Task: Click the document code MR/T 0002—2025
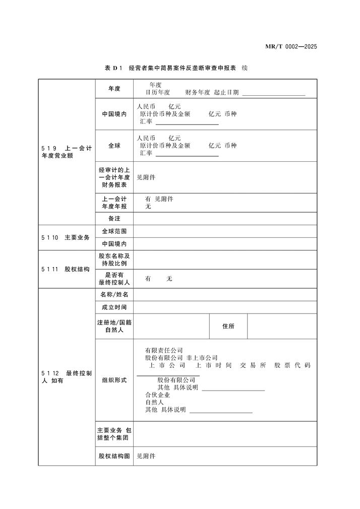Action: (291, 47)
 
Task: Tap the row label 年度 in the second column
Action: (114, 89)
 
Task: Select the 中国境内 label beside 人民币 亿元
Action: (114, 114)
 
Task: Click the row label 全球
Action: (114, 146)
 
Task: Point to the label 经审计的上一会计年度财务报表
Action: (114, 177)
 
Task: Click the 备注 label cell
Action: (114, 219)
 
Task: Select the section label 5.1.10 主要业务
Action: (66, 237)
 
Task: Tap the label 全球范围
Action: (114, 231)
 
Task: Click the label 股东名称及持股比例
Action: (114, 260)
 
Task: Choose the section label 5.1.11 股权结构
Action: (66, 269)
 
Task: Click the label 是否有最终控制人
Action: (114, 278)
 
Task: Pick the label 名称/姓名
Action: (114, 294)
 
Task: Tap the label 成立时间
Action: (114, 307)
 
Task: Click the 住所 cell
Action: (228, 326)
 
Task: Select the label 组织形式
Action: (114, 380)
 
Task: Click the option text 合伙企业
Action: (157, 395)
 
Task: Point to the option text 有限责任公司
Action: (164, 350)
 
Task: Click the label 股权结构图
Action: (114, 456)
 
